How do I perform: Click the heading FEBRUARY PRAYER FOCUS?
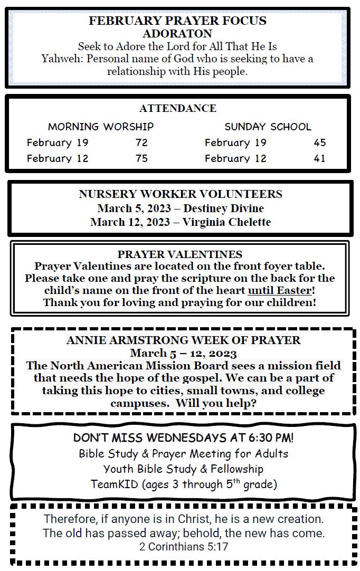[x=177, y=21]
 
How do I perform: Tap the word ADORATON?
[x=177, y=34]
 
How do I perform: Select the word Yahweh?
[x=59, y=59]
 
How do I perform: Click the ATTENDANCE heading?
[x=177, y=109]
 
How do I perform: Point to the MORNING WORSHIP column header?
[x=101, y=127]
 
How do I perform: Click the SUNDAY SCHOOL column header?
[x=268, y=127]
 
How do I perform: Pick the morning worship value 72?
[x=141, y=143]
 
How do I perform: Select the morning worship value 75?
[x=141, y=159]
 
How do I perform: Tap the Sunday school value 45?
[x=319, y=143]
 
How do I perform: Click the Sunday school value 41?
[x=319, y=159]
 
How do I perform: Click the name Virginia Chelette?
[x=226, y=222]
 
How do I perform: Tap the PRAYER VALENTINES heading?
[x=180, y=255]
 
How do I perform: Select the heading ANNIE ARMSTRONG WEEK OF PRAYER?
[x=183, y=341]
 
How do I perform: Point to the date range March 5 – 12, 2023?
[x=183, y=353]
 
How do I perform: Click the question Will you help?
[x=216, y=404]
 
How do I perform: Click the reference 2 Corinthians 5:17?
[x=184, y=547]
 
